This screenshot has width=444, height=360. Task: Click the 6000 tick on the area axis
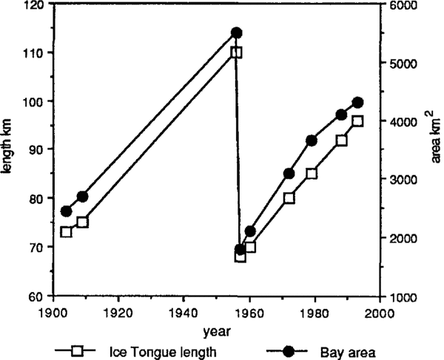point(400,4)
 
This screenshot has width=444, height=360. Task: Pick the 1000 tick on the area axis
point(400,296)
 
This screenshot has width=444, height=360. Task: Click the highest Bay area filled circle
point(236,33)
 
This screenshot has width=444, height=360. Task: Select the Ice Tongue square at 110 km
point(236,52)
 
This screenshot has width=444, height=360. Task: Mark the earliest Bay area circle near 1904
point(66,211)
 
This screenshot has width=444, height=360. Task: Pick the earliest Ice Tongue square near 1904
point(66,231)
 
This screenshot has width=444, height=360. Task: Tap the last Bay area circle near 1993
point(357,102)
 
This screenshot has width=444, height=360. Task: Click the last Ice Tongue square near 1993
point(357,121)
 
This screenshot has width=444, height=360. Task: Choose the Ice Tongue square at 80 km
point(289,198)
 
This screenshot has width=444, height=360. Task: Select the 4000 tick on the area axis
point(400,121)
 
